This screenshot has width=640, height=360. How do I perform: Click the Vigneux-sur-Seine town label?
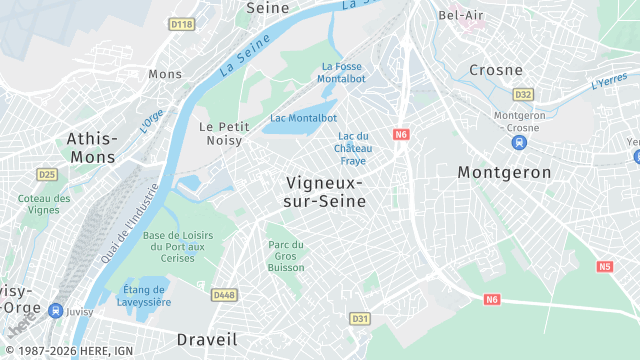(x=325, y=191)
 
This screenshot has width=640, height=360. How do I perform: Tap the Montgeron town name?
(x=504, y=172)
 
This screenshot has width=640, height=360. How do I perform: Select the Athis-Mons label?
(x=91, y=147)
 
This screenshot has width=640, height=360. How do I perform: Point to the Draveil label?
(x=207, y=338)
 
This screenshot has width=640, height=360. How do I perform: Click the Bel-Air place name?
(x=462, y=15)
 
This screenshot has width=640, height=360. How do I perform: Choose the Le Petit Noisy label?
(x=224, y=134)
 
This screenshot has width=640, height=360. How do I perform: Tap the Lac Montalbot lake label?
(x=303, y=118)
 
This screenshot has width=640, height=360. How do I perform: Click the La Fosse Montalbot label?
(x=341, y=72)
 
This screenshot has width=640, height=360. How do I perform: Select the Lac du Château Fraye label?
(x=353, y=148)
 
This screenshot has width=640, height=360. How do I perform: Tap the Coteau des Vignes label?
(x=44, y=204)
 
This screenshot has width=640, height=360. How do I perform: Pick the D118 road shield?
(x=181, y=24)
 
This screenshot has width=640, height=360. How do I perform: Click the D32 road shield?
(x=522, y=94)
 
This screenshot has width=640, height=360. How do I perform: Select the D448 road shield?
(x=224, y=294)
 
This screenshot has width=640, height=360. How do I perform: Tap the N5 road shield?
(x=604, y=266)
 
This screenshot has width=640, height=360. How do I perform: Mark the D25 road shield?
(x=47, y=174)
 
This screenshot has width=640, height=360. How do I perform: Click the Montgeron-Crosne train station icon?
(x=518, y=143)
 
